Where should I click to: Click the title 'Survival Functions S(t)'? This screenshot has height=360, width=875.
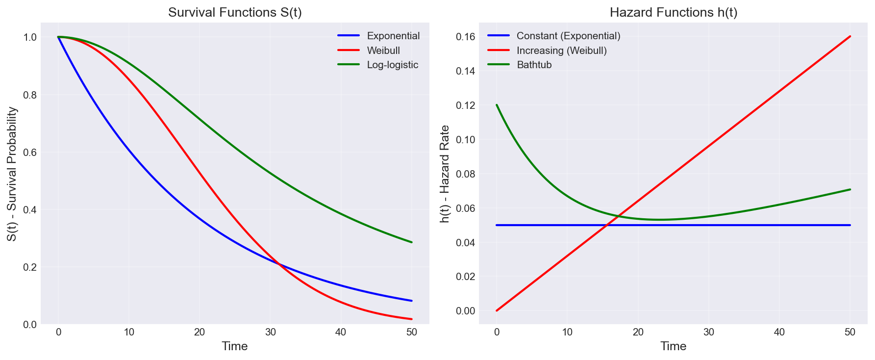tap(235, 13)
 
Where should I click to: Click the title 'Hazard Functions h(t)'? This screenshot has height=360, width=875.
tap(673, 13)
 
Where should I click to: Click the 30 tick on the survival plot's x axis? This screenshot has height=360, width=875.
tap(270, 332)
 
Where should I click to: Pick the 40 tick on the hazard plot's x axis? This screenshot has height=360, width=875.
tap(779, 332)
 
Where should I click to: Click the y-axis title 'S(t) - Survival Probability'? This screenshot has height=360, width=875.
tap(13, 174)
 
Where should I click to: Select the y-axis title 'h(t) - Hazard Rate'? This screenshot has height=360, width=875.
tap(445, 174)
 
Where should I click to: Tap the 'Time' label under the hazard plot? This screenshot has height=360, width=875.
tap(673, 346)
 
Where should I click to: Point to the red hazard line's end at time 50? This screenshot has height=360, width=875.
tap(850, 36)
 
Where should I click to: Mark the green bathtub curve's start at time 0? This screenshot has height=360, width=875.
tap(497, 105)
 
